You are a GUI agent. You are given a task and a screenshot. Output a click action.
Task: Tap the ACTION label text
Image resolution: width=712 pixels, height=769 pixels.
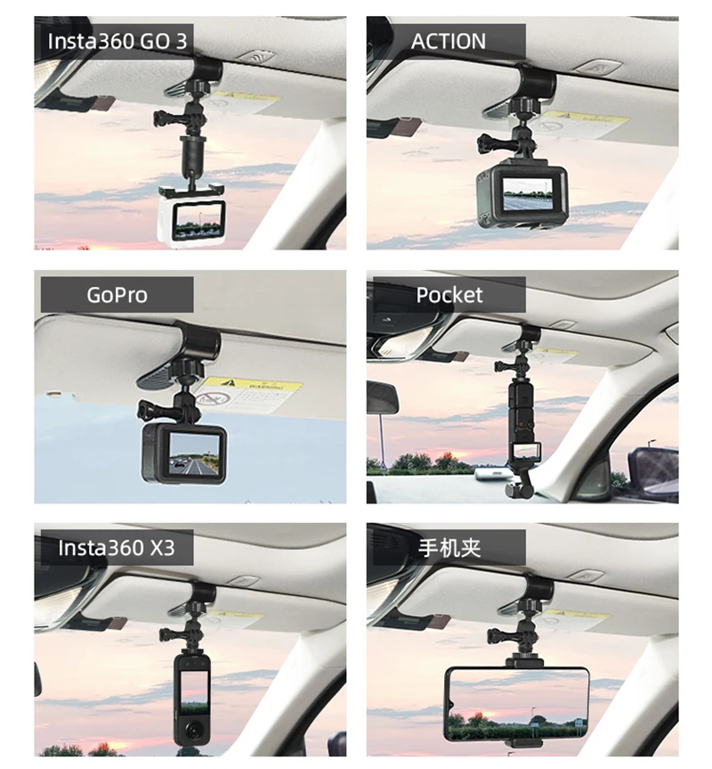click(448, 41)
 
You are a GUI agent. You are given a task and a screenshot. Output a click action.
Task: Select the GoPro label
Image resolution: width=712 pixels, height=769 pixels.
click(117, 295)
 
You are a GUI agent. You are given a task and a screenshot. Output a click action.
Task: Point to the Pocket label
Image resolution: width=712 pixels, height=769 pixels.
click(449, 295)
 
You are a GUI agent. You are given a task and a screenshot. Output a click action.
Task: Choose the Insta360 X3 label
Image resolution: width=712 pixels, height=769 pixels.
click(115, 547)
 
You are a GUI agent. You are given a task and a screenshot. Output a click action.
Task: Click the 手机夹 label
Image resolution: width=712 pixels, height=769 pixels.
click(449, 547)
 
